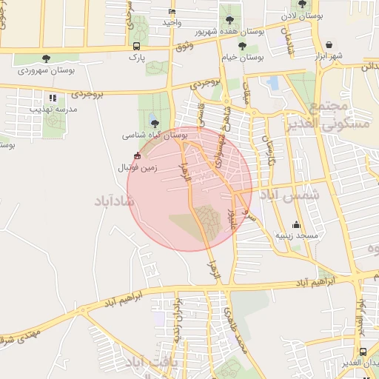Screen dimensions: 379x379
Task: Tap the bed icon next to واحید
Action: point(172,12)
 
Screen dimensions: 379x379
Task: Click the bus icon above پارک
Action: point(135,45)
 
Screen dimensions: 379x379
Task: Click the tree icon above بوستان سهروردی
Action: point(46,58)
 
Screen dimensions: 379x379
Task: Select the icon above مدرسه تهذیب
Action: point(52,97)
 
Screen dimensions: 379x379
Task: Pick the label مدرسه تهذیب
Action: point(52,108)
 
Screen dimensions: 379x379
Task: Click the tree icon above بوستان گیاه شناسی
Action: point(154,124)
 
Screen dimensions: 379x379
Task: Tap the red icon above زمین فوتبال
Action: point(138,155)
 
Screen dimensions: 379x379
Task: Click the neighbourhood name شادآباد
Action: point(113,201)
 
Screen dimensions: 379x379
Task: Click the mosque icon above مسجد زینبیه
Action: point(297,224)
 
